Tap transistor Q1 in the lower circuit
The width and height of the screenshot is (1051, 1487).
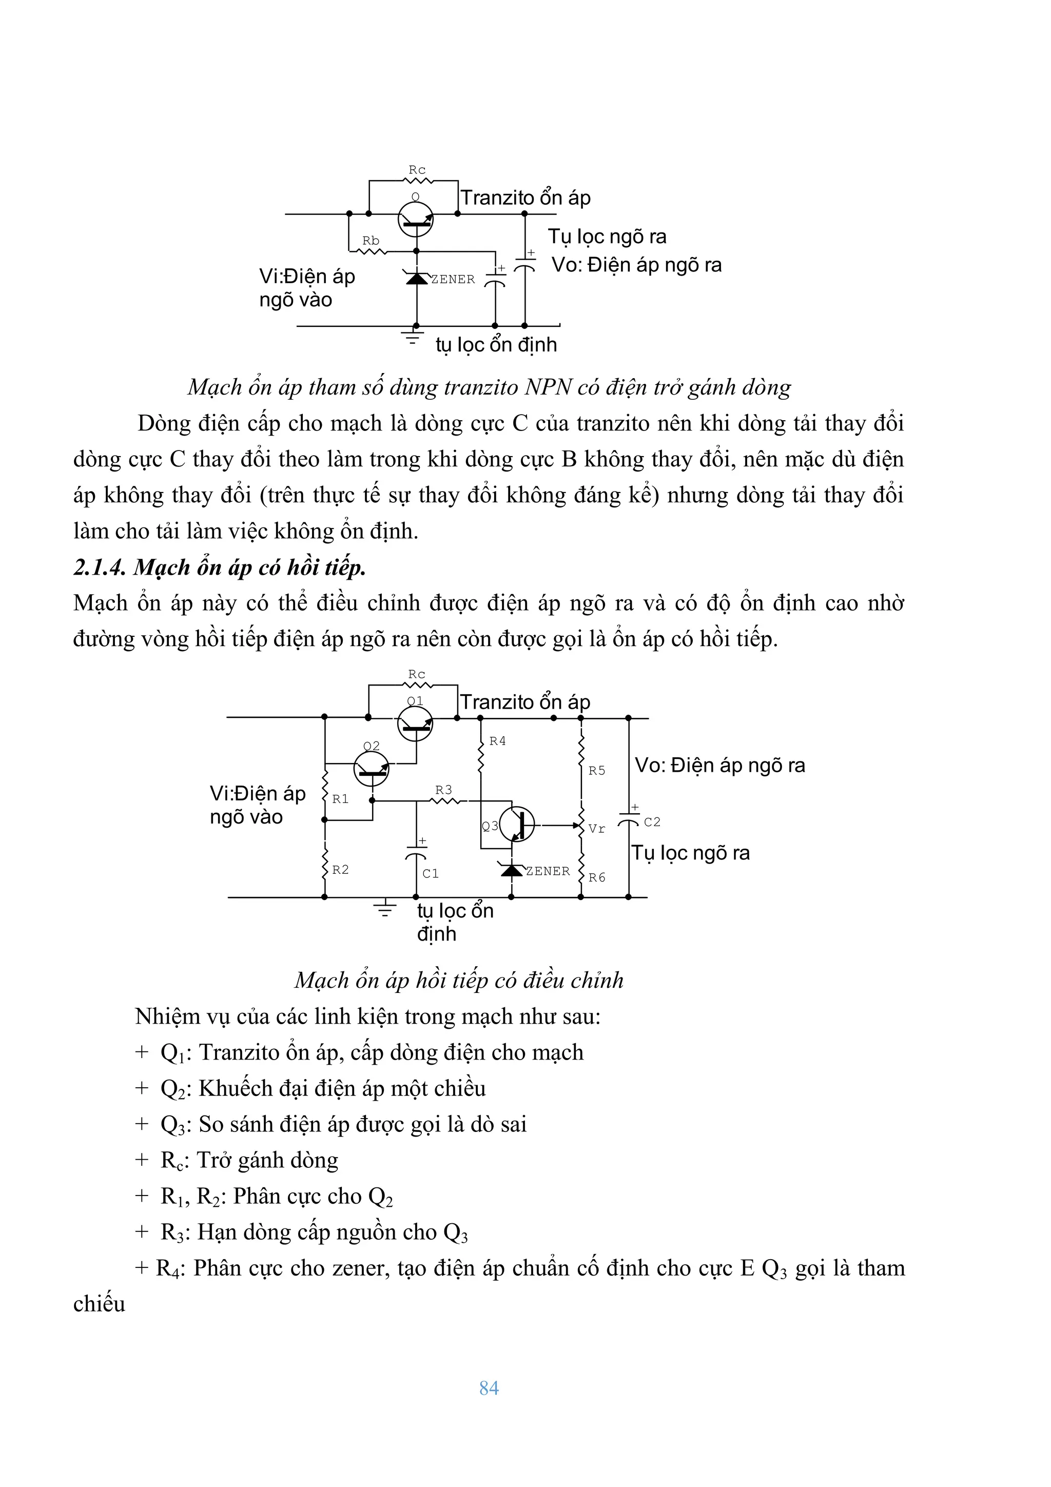[x=415, y=723]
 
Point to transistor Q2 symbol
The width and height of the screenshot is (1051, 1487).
[x=372, y=769]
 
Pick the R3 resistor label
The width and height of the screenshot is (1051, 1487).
[x=443, y=790]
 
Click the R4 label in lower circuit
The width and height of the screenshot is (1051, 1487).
[x=497, y=741]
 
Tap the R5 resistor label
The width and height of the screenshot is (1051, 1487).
[x=596, y=771]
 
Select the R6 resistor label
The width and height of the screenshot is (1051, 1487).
[x=596, y=877]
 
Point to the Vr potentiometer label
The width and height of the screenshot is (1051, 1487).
[x=596, y=829]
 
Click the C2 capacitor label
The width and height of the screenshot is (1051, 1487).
[x=651, y=822]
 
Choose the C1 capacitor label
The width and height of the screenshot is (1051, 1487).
[x=431, y=874]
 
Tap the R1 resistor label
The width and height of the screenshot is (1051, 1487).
[x=340, y=799]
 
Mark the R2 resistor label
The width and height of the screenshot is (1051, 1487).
[x=340, y=870]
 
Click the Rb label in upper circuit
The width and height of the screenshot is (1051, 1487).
[x=371, y=241]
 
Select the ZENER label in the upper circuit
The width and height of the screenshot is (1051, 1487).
[x=453, y=279]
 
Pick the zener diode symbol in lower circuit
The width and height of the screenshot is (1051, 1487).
[x=512, y=870]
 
